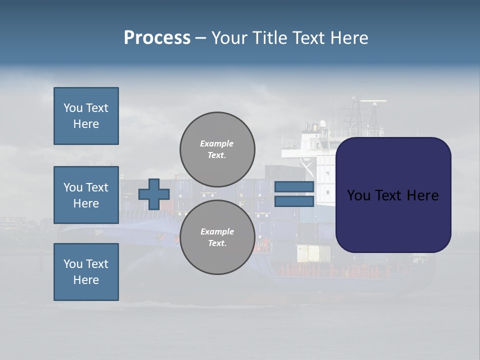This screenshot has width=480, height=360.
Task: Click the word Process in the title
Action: [157, 38]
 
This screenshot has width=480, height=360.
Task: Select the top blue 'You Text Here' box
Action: [86, 116]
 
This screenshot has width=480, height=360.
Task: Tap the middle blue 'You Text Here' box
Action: [86, 195]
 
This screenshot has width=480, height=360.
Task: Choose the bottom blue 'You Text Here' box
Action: [86, 272]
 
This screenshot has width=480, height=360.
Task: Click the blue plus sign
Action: [154, 194]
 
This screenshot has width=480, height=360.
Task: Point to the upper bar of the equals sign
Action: [294, 186]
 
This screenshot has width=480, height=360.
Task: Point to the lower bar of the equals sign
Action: [294, 201]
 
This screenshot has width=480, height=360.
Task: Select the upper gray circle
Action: [217, 149]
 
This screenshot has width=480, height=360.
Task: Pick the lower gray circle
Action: [217, 237]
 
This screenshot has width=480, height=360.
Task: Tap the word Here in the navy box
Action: [422, 195]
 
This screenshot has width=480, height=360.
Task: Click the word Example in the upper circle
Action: [216, 143]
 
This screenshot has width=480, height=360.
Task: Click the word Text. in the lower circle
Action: [217, 243]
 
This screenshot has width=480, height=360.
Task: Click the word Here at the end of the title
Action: [349, 38]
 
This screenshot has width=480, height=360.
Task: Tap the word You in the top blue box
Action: [72, 108]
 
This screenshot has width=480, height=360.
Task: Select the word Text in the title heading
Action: [307, 38]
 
